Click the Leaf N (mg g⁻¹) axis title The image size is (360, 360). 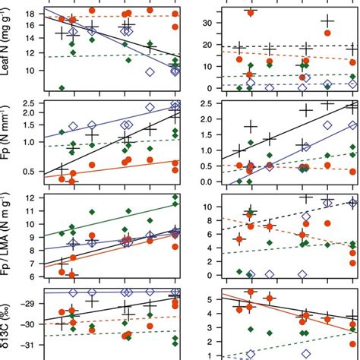(8, 50)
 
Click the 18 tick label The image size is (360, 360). (30, 14)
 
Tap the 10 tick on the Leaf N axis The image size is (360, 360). (30, 71)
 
